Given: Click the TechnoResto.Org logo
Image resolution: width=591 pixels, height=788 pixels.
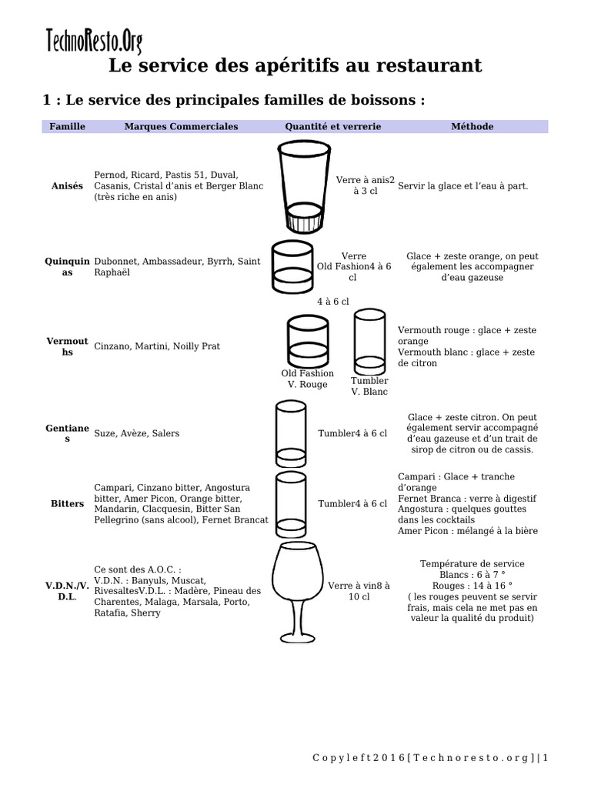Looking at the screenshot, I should coord(94,40).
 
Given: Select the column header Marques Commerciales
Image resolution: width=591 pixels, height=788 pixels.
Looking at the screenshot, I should coord(181,126).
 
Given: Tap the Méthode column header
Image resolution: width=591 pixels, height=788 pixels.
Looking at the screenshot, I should coord(472,126).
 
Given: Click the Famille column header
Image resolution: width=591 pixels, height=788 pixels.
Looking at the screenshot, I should coord(67,126).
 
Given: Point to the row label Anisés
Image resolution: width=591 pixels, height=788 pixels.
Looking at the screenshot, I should coord(67,186).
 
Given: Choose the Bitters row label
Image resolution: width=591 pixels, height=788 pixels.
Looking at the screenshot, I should coord(67,504).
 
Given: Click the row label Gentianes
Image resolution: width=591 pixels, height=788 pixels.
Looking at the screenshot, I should coord(67,433).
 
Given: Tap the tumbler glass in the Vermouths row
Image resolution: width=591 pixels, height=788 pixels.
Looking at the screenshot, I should coord(369,342).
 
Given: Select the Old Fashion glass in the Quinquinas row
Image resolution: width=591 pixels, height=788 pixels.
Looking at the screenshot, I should coord(292,269).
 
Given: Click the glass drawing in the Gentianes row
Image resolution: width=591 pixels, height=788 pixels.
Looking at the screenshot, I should coord(291,433).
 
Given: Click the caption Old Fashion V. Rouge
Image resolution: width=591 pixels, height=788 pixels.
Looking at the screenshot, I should coord(307,379).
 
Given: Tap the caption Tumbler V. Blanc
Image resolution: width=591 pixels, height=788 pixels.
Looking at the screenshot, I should coord(369,386).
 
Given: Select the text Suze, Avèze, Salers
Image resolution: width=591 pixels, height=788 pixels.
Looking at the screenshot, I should coord(136,433).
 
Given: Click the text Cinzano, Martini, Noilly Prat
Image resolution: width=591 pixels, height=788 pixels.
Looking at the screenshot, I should coord(157,346).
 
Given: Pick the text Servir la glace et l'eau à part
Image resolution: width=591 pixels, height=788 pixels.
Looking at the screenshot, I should coord(463,186).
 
